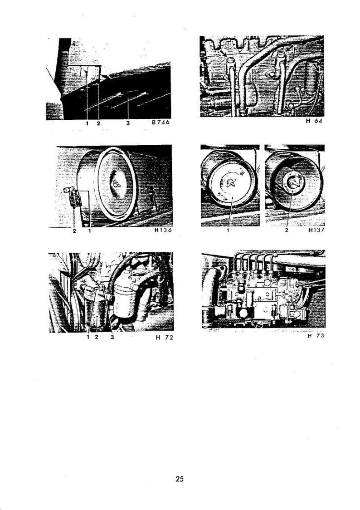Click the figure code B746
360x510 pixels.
(x=161, y=123)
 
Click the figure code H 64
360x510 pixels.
(x=314, y=121)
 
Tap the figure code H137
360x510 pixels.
(x=316, y=230)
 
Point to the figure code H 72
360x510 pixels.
(x=164, y=337)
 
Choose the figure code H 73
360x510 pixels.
(x=316, y=336)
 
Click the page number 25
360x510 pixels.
(x=180, y=479)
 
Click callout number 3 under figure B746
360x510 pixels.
(x=128, y=123)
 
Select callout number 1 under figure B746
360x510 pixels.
(x=87, y=123)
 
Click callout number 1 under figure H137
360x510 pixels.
(x=229, y=230)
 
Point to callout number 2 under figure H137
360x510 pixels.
(x=287, y=230)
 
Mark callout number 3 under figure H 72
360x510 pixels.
(x=112, y=337)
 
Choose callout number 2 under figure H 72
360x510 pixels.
(x=97, y=337)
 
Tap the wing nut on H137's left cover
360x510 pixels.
(x=231, y=183)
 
